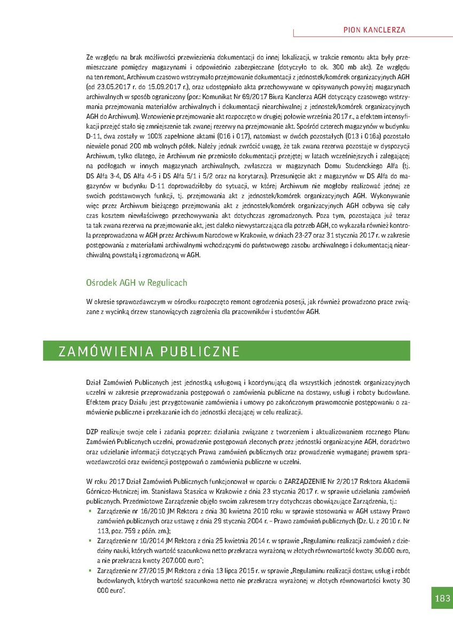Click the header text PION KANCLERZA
tap(374, 30)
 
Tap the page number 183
tap(441, 597)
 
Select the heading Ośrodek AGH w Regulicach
tap(136, 282)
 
